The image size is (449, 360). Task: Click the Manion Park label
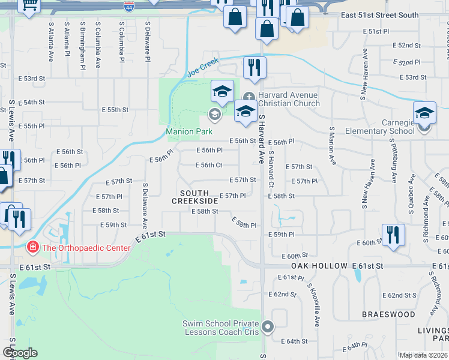click(x=189, y=131)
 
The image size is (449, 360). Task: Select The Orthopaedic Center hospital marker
click(x=32, y=247)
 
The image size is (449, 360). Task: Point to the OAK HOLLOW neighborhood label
click(x=319, y=265)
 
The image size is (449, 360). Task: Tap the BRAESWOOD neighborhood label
click(x=388, y=314)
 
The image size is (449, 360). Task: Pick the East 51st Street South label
click(x=387, y=15)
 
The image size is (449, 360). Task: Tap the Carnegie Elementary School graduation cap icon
click(x=424, y=112)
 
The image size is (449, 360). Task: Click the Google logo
click(x=20, y=353)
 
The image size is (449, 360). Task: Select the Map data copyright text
click(x=423, y=355)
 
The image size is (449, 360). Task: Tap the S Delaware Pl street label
click(x=146, y=42)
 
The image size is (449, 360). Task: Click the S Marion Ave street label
click(x=331, y=146)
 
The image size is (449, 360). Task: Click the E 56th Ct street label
click(x=209, y=165)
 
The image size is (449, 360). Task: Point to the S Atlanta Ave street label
click(x=51, y=42)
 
